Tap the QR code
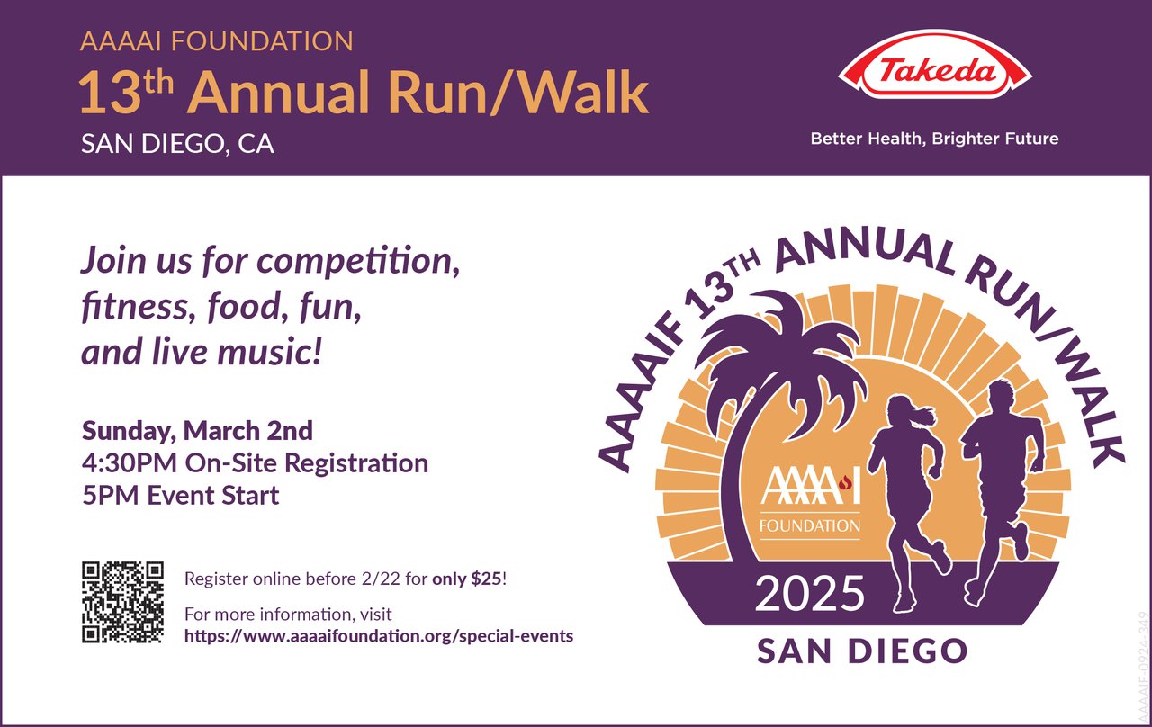[x=122, y=602]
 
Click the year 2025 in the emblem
[x=809, y=594]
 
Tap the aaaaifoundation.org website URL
[x=378, y=636]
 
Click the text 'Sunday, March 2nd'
[x=197, y=431]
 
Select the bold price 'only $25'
[x=468, y=579]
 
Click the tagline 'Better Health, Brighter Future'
[x=934, y=139]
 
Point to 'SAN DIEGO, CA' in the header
[x=177, y=144]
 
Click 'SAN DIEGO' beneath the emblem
[x=861, y=651]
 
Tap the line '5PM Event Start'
[x=180, y=496]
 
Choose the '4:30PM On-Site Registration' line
[x=255, y=463]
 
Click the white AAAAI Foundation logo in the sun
[x=810, y=499]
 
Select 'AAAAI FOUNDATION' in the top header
[x=216, y=41]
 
